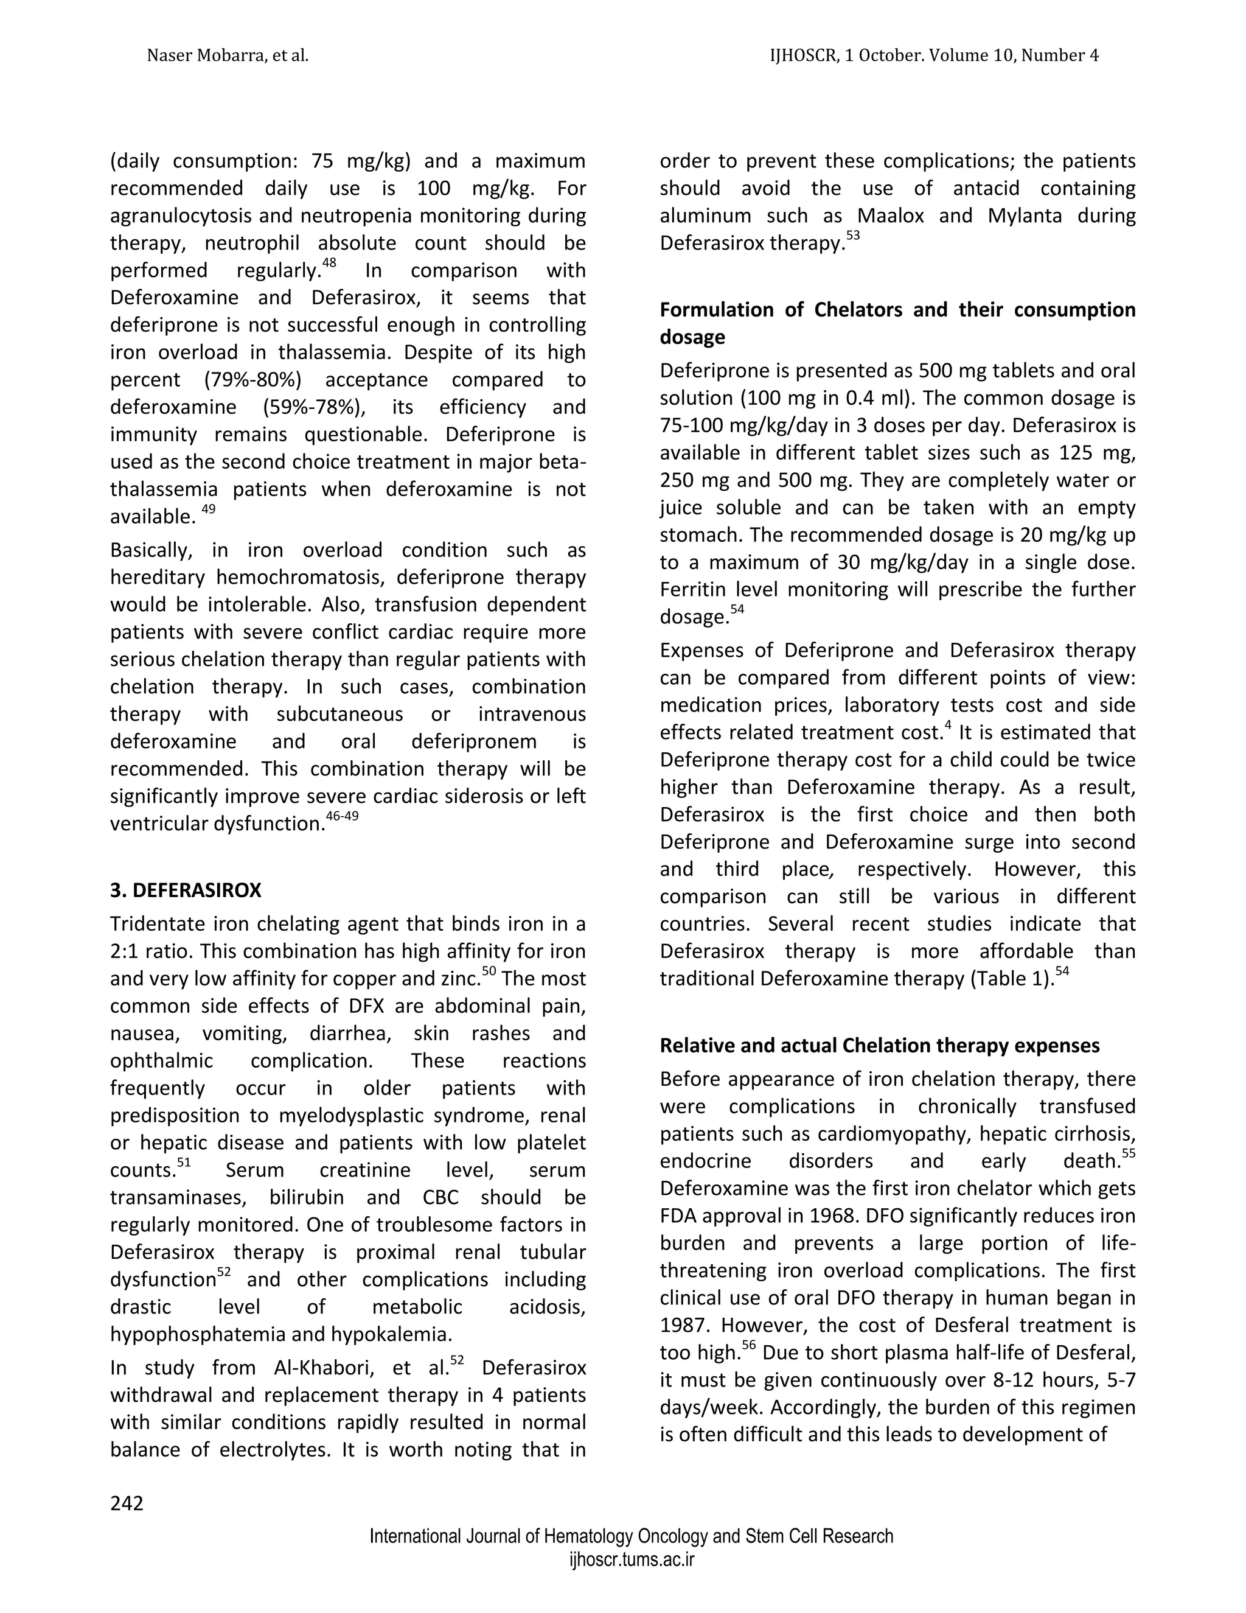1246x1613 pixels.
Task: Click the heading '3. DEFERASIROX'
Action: pos(186,890)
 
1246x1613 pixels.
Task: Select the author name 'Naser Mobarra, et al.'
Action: pos(228,55)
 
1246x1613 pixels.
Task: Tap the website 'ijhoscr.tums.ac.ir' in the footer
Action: pos(631,1560)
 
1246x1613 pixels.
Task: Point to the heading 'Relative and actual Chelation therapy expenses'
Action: pos(879,1045)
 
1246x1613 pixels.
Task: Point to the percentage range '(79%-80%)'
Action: pos(252,380)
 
